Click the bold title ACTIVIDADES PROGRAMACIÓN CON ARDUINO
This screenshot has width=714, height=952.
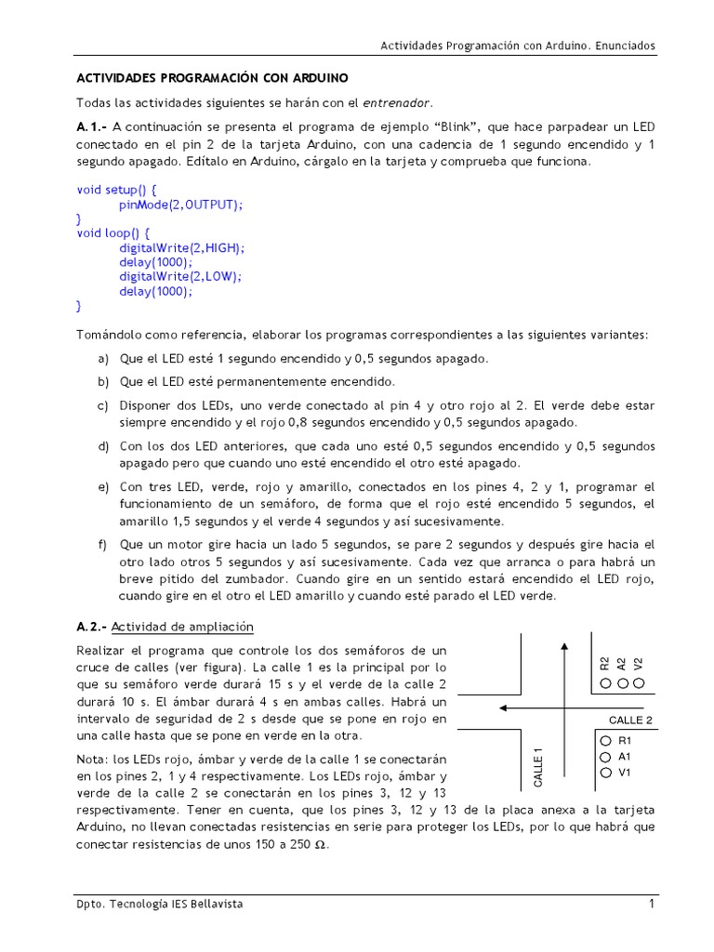click(x=212, y=77)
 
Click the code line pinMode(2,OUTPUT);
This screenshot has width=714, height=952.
click(x=180, y=204)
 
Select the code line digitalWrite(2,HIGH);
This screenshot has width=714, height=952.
click(x=181, y=248)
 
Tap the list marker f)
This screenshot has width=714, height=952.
click(x=102, y=545)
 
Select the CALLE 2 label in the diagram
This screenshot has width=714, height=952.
click(x=630, y=720)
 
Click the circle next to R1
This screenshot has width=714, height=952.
click(x=605, y=741)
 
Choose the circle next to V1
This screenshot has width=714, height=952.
click(x=605, y=772)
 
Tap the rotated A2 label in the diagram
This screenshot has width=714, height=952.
click(x=621, y=663)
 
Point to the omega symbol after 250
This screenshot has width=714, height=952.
click(x=321, y=846)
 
